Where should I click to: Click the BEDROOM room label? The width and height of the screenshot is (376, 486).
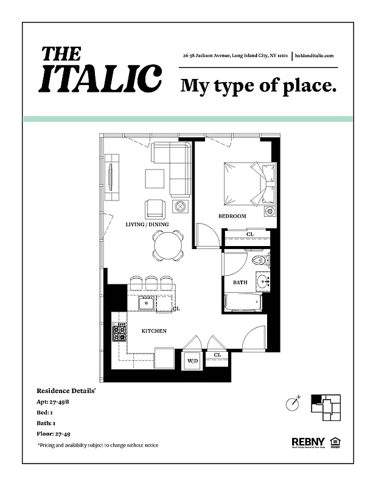click(x=232, y=216)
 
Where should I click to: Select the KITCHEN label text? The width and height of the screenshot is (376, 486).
click(x=154, y=331)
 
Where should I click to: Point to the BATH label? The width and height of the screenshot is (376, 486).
click(x=240, y=282)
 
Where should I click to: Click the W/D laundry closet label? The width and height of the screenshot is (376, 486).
click(x=192, y=361)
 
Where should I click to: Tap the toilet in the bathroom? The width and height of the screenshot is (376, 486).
click(x=258, y=261)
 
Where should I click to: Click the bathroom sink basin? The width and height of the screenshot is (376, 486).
click(x=263, y=281)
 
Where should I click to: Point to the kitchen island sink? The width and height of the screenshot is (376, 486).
click(x=147, y=303)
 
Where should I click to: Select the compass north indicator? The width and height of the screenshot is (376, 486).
click(x=293, y=403)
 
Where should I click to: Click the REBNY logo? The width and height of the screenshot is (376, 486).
click(x=307, y=442)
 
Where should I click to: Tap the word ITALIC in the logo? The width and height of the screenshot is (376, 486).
click(x=100, y=78)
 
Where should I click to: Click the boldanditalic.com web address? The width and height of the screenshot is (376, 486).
click(x=315, y=55)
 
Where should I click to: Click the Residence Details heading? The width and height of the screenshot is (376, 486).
click(x=66, y=391)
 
